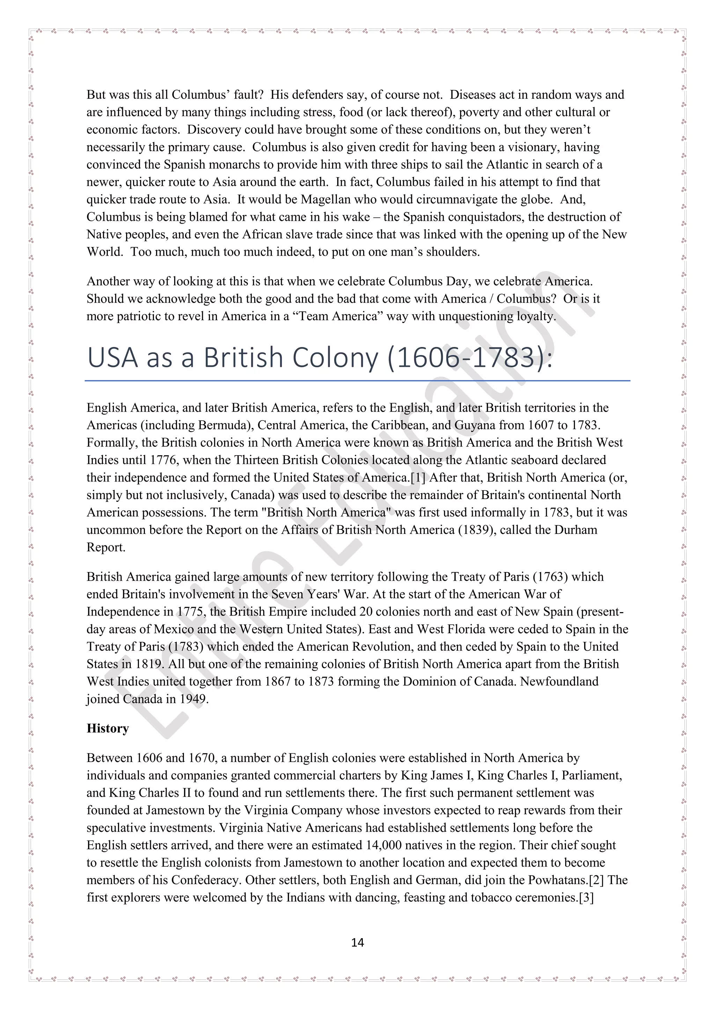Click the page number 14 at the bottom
point(357,942)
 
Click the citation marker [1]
point(418,477)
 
